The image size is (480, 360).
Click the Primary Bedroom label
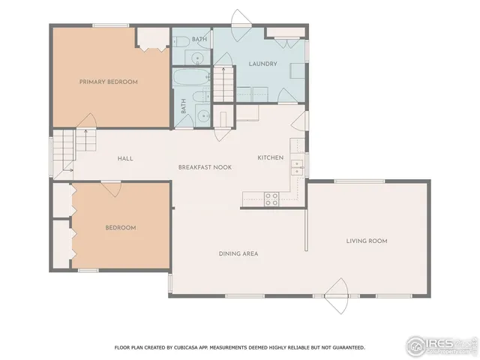click(x=109, y=82)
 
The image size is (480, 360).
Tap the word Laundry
click(x=263, y=64)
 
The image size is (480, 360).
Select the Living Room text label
click(x=366, y=241)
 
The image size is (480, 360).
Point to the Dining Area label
click(x=238, y=253)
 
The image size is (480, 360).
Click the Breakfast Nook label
click(x=205, y=166)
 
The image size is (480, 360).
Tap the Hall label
click(x=125, y=158)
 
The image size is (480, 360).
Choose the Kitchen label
click(x=270, y=157)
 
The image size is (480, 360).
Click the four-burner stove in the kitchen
click(x=271, y=198)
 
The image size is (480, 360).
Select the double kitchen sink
click(x=297, y=166)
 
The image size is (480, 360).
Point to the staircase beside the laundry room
click(x=223, y=79)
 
